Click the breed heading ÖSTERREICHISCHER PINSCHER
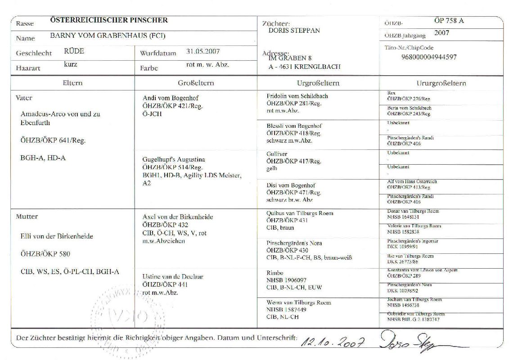[109, 20]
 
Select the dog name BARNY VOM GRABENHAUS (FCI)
[108, 36]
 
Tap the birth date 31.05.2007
[203, 52]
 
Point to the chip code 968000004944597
[429, 57]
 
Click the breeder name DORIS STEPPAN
[294, 31]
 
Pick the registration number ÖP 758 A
[449, 21]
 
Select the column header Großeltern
[196, 83]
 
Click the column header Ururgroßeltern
[441, 83]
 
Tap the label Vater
[24, 98]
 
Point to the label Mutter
[27, 216]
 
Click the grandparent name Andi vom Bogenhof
[171, 98]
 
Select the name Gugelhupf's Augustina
[174, 159]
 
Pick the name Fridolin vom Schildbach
[297, 96]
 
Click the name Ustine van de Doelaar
[173, 277]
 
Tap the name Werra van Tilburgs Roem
[298, 302]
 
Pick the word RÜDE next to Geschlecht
[74, 51]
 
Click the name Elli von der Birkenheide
[57, 236]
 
